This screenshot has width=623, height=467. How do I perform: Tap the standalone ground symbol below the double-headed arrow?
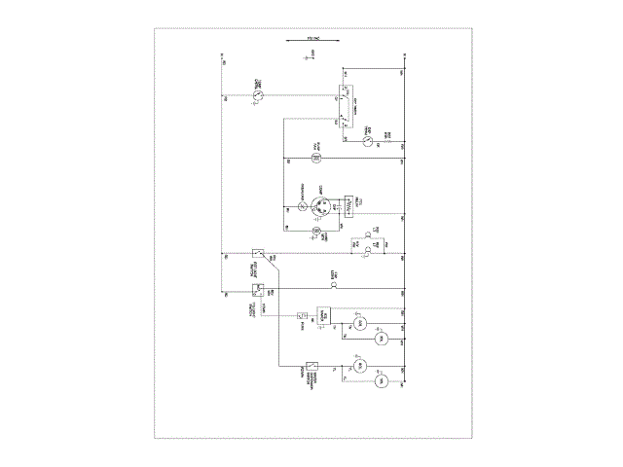[x=308, y=58]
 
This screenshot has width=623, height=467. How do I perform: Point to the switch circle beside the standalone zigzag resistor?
[x=368, y=142]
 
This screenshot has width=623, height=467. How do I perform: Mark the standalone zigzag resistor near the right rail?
[x=390, y=142]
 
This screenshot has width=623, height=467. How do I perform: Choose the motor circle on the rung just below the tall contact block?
[x=315, y=158]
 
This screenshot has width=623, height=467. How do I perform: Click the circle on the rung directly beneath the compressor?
[x=315, y=230]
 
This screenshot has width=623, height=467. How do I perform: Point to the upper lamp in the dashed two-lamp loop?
[x=367, y=234]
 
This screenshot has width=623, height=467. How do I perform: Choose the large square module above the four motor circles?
[x=325, y=316]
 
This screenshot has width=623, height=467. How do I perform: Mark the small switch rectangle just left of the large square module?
[x=303, y=315]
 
